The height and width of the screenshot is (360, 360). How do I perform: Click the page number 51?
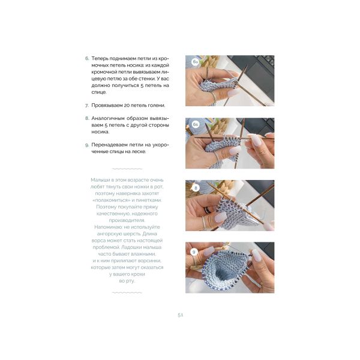(180, 315)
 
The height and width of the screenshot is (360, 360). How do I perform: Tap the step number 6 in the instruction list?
(87, 58)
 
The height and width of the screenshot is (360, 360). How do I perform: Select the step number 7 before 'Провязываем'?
(87, 106)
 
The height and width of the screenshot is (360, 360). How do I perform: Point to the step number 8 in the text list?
(87, 118)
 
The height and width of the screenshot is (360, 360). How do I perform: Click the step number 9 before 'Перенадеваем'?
(87, 145)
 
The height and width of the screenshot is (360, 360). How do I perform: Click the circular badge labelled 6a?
(195, 62)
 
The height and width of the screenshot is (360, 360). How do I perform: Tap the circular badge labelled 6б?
(196, 124)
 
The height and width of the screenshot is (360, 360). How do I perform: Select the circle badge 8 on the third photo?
(196, 188)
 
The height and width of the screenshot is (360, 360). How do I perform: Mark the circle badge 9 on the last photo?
(194, 252)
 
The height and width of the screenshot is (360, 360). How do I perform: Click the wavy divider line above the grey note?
(127, 169)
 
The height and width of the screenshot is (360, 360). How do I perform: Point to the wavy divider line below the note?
(127, 293)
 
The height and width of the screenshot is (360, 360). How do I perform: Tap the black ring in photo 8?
(208, 211)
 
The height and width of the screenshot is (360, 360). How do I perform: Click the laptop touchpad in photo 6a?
(258, 76)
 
